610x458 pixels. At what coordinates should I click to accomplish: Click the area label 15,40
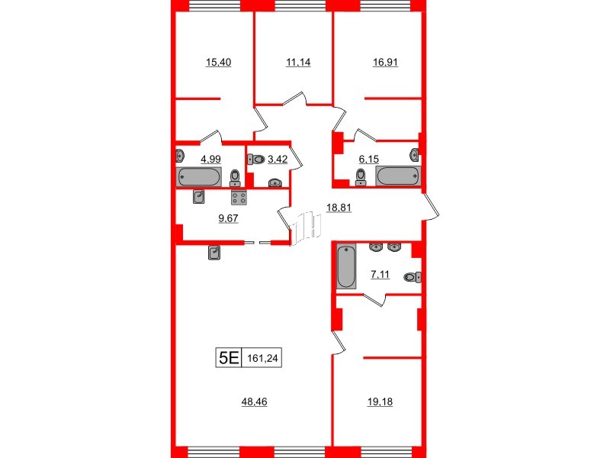coord(219,63)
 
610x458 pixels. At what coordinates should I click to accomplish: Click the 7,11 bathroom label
coord(380,275)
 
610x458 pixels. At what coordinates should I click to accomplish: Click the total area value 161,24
coord(263,357)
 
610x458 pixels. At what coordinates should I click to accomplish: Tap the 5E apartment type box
coord(229,357)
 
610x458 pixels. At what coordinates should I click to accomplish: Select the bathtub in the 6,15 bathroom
coord(398,175)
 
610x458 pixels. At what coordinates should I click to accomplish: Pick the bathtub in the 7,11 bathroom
coord(346,266)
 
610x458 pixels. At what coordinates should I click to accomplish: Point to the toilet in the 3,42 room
coord(255,160)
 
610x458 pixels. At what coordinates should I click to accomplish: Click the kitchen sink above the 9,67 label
coord(200,197)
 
